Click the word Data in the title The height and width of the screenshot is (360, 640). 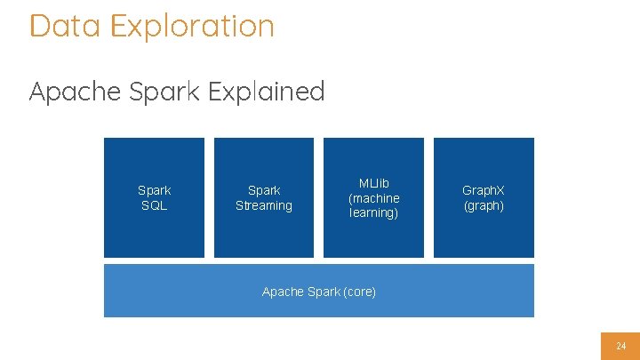pyautogui.click(x=65, y=26)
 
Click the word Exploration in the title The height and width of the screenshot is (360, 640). pyautogui.click(x=192, y=26)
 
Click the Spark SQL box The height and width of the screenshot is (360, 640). pyautogui.click(x=154, y=197)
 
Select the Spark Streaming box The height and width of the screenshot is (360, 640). pyautogui.click(x=263, y=197)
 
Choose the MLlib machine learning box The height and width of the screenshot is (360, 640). pyautogui.click(x=373, y=197)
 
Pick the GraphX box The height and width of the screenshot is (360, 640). pyautogui.click(x=484, y=197)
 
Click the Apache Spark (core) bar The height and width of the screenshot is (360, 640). pyautogui.click(x=318, y=291)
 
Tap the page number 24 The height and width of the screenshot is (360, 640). pyautogui.click(x=620, y=345)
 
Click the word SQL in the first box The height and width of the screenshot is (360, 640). pyautogui.click(x=154, y=205)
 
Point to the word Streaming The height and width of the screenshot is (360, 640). pyautogui.click(x=263, y=205)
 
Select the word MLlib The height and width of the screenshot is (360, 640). pyautogui.click(x=373, y=183)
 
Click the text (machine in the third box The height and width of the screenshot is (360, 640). pyautogui.click(x=373, y=198)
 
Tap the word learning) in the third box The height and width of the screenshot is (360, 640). pyautogui.click(x=373, y=213)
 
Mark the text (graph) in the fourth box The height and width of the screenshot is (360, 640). pyautogui.click(x=484, y=205)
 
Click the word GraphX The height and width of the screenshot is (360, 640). pyautogui.click(x=484, y=190)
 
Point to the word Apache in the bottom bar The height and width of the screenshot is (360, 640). pyautogui.click(x=283, y=292)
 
